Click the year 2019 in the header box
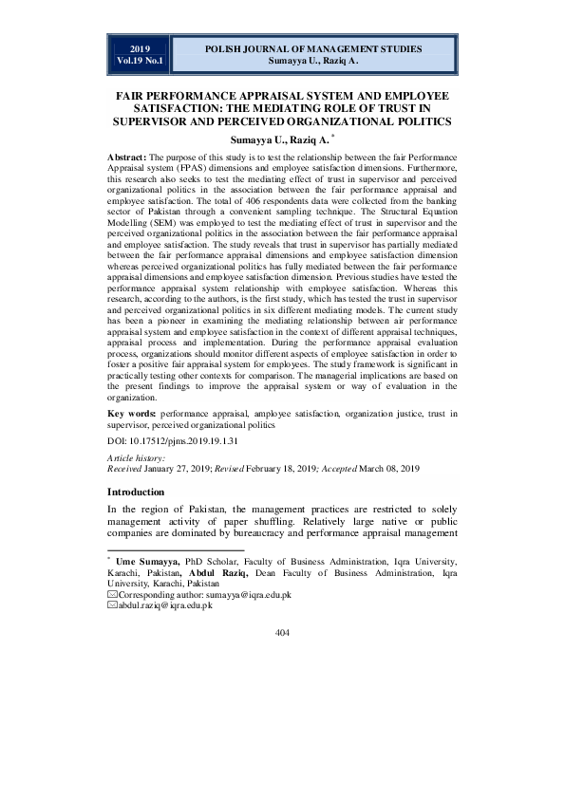(140, 47)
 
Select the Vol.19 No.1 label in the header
(140, 60)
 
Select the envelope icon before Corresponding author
(112, 594)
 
